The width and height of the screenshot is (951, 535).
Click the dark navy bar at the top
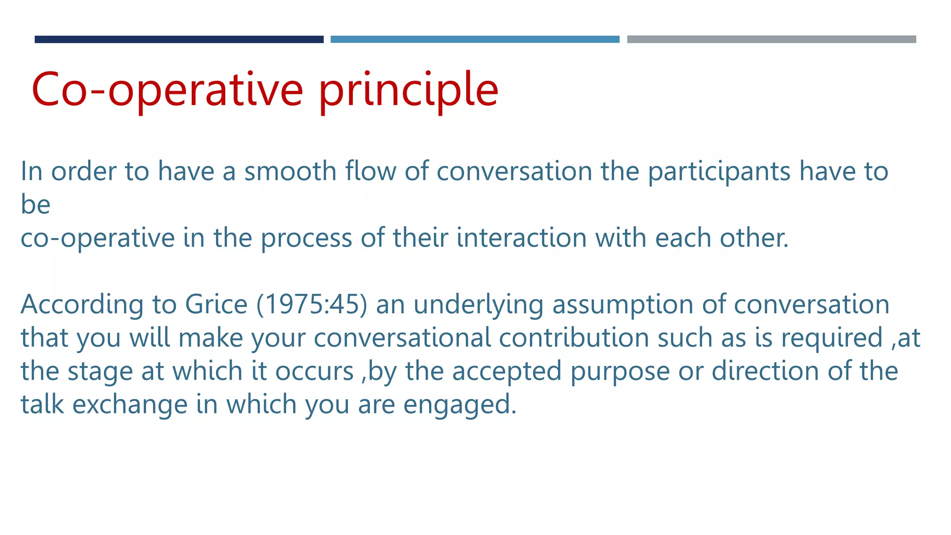[x=179, y=39]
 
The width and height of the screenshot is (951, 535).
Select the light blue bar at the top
[x=475, y=39]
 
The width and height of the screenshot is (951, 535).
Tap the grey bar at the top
[x=771, y=39]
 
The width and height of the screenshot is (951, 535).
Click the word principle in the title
[x=408, y=91]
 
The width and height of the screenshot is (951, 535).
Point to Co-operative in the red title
[x=167, y=91]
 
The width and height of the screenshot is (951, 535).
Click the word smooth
[x=290, y=171]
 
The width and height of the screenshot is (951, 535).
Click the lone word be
[x=35, y=204]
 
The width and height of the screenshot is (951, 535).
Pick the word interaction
[x=521, y=238]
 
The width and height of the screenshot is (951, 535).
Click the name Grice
[x=216, y=305]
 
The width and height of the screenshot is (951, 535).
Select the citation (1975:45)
[x=312, y=305]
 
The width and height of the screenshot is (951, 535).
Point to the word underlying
[x=478, y=306]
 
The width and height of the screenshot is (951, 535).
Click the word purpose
[x=620, y=372]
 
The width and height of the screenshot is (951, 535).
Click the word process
[x=306, y=239]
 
